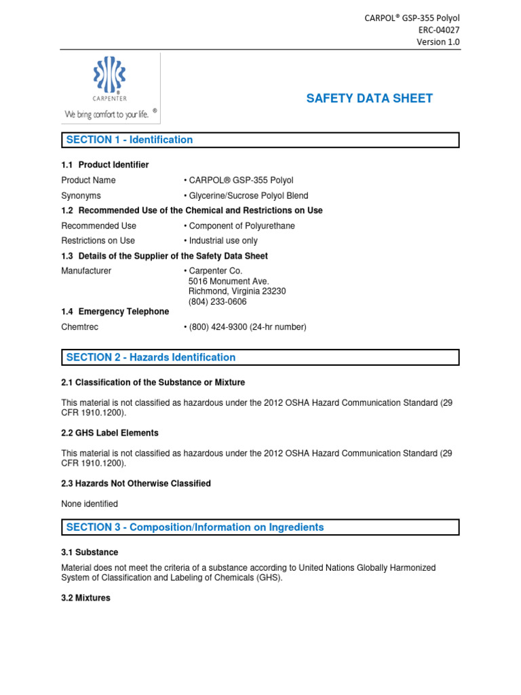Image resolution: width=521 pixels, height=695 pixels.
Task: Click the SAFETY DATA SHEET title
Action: click(369, 98)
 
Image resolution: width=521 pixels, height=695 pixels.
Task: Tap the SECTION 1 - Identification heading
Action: click(129, 140)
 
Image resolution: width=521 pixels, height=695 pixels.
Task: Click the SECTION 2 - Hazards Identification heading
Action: click(151, 358)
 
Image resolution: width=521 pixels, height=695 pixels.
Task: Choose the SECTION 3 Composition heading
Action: click(195, 527)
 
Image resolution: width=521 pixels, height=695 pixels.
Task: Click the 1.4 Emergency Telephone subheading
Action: click(115, 312)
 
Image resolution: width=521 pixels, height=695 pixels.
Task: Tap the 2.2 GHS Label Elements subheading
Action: click(110, 433)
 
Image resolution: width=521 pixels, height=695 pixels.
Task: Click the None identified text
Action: click(90, 504)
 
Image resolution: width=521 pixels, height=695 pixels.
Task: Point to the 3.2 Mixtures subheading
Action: click(85, 599)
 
